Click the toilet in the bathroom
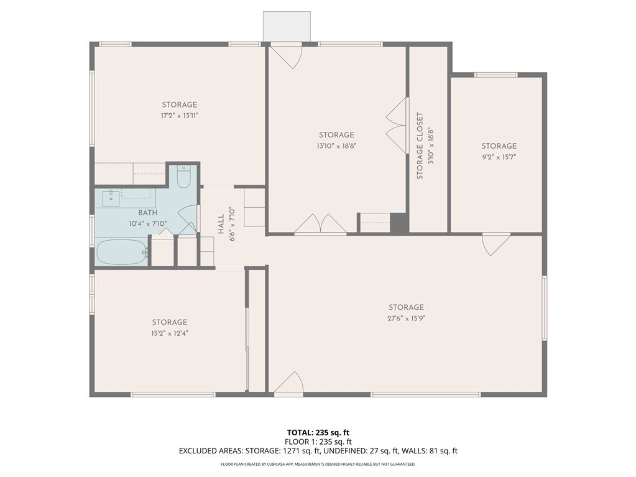[183, 177]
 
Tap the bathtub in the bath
[122, 252]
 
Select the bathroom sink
[111, 198]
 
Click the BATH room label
[148, 213]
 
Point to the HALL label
[221, 225]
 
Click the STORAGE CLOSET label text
[420, 146]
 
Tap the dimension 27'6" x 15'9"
[406, 318]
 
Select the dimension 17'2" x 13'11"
[180, 116]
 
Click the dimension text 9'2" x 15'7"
[499, 157]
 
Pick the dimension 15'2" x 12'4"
[170, 333]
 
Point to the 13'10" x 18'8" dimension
[337, 146]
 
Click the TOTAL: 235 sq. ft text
[318, 432]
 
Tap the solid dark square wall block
[399, 223]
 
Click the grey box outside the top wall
[287, 26]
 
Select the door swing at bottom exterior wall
[288, 384]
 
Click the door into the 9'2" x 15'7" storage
[496, 244]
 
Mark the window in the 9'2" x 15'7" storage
[495, 75]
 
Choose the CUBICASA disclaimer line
[318, 464]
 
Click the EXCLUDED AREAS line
[318, 451]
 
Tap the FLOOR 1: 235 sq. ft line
[318, 442]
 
